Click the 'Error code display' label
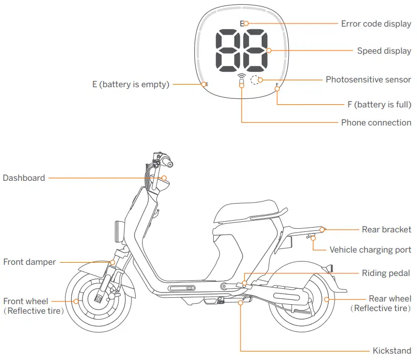376,24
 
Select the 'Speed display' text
383,51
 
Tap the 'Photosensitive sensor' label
368,80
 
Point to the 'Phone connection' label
376,122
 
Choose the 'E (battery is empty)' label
130,84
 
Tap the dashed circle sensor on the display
256,80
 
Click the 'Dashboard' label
24,178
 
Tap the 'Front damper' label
29,262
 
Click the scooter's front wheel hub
99,299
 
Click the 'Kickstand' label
391,351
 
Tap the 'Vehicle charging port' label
370,250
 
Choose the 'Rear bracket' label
386,230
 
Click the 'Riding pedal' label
386,273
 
